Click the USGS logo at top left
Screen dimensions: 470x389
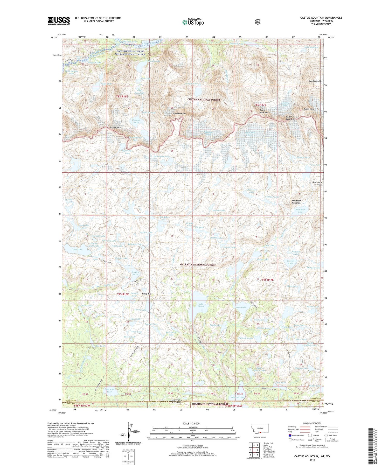click(59, 21)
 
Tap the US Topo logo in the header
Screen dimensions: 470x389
click(193, 22)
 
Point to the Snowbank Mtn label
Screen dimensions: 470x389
click(179, 114)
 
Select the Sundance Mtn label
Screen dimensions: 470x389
click(315, 81)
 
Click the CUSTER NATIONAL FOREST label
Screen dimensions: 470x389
click(204, 100)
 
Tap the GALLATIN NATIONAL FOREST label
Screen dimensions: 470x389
click(198, 265)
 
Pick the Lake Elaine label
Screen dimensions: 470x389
click(201, 305)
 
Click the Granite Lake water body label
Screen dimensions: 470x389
click(238, 397)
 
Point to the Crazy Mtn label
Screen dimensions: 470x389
click(147, 294)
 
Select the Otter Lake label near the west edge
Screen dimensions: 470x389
click(77, 249)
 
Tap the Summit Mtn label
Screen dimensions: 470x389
click(115, 128)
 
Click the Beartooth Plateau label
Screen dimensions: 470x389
click(317, 184)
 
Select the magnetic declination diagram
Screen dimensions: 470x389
click(129, 433)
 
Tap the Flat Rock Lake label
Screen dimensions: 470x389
click(300, 211)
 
